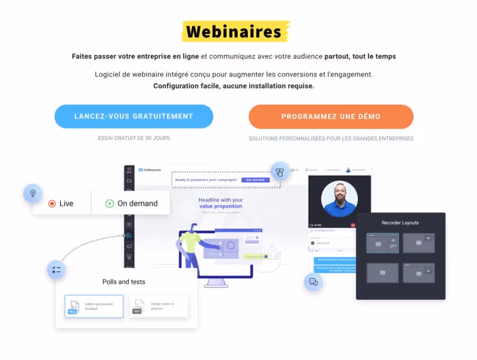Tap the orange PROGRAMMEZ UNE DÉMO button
click(331, 117)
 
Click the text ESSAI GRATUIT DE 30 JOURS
click(134, 138)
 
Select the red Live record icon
click(52, 203)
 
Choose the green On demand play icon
click(109, 203)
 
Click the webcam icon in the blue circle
click(33, 193)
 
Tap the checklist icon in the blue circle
click(57, 270)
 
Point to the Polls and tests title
click(123, 281)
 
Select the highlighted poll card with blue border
click(94, 306)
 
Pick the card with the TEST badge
click(158, 306)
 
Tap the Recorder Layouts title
click(400, 223)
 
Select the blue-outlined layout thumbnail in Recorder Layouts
click(382, 243)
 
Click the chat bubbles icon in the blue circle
click(314, 282)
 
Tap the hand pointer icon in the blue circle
click(280, 172)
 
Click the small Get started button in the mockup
click(251, 179)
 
